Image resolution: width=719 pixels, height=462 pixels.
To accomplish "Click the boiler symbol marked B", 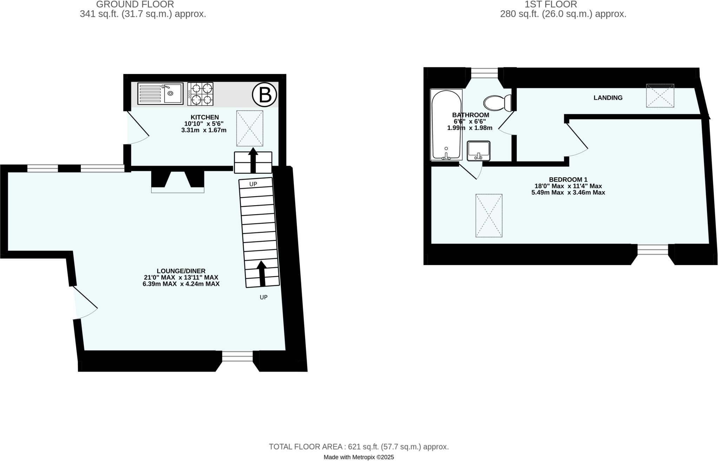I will pyautogui.click(x=264, y=94).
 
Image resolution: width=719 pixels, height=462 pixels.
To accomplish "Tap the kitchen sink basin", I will pyautogui.click(x=171, y=93).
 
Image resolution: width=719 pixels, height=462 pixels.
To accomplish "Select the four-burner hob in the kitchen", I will pyautogui.click(x=200, y=94).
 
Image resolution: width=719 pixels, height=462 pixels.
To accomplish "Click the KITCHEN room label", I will pyautogui.click(x=205, y=117).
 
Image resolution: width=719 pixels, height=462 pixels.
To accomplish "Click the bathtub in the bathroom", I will pyautogui.click(x=446, y=125).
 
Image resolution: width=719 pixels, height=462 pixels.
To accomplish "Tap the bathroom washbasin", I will pyautogui.click(x=479, y=151).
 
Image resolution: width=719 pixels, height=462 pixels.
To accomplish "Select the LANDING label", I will pyautogui.click(x=608, y=98).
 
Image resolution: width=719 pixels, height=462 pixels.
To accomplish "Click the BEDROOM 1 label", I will pyautogui.click(x=568, y=179).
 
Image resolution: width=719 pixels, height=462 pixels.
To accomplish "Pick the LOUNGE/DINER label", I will pyautogui.click(x=181, y=271).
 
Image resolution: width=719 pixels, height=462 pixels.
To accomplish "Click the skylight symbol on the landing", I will pyautogui.click(x=660, y=95).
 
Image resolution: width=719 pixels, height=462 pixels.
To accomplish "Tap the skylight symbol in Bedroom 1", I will pyautogui.click(x=489, y=216).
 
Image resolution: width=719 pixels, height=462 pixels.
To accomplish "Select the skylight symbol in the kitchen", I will pyautogui.click(x=250, y=128).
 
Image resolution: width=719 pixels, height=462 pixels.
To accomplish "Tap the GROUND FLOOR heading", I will pyautogui.click(x=135, y=5).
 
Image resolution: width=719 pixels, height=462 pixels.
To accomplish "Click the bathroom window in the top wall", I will pyautogui.click(x=484, y=73).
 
